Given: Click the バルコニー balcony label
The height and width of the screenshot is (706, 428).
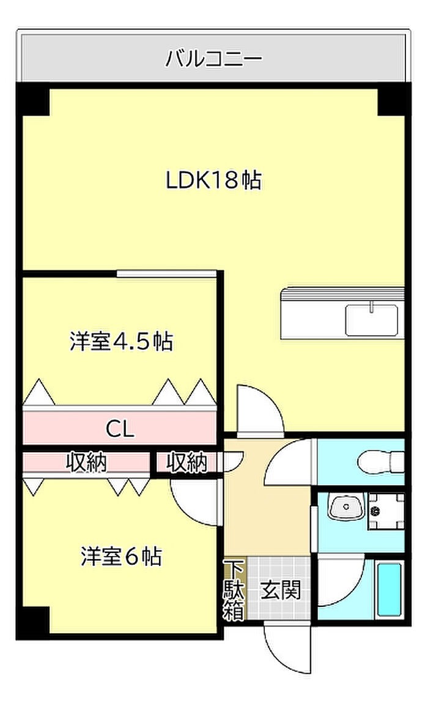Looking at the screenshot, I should pos(214,59).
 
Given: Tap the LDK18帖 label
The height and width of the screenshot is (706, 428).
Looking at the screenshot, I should pos(214,180).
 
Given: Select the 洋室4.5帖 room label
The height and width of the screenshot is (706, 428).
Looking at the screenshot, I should pos(121,341).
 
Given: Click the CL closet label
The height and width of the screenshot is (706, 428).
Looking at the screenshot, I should pos(120,428).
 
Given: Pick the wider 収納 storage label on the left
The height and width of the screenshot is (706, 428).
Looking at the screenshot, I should pos(86,463).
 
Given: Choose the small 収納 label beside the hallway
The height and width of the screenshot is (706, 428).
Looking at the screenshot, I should pos(187,463).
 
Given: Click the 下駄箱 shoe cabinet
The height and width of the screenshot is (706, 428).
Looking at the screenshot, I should pos(233,590).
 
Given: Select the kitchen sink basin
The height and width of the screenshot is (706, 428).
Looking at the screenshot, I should pos(371,320).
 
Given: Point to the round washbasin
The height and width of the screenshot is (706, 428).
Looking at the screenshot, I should pos(345,507).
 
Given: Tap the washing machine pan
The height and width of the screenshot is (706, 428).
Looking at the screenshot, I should pos(385,509).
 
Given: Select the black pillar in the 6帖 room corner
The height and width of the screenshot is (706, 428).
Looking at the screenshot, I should pos(33,622).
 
